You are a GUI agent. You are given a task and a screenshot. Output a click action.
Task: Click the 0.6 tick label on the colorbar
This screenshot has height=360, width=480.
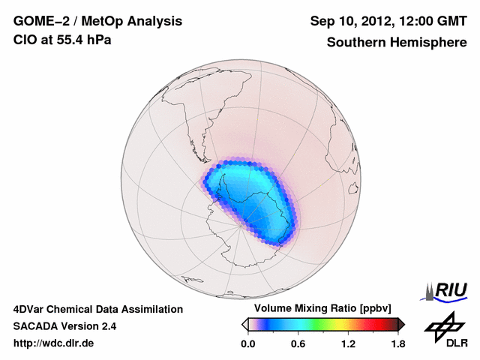(298, 344)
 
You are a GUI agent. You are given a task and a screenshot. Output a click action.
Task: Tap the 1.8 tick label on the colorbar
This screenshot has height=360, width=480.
(397, 344)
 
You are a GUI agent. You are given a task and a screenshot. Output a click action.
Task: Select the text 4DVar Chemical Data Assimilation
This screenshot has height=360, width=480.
(98, 309)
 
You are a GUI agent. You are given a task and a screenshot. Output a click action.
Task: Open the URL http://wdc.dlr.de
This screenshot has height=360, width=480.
(54, 343)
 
